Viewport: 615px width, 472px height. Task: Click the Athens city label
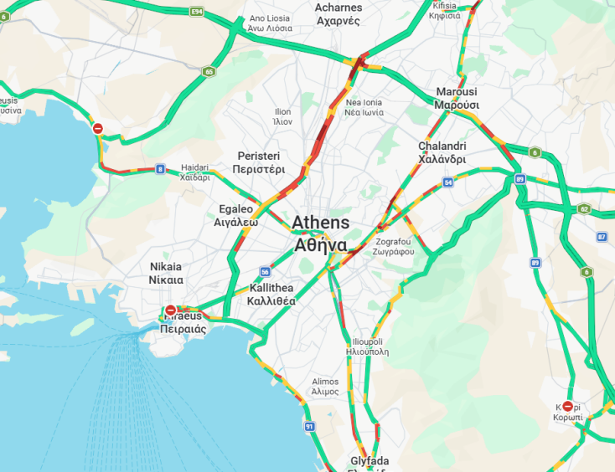click(x=320, y=234)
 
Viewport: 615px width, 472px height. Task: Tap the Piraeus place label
click(x=183, y=323)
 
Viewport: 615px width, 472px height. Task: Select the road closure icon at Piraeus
click(x=171, y=310)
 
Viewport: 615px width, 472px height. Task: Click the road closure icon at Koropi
click(x=567, y=407)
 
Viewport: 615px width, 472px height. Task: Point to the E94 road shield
click(x=197, y=12)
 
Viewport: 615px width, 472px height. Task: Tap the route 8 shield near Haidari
click(x=160, y=169)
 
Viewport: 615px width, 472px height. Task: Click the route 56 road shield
click(x=265, y=272)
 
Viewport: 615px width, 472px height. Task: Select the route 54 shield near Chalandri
click(x=449, y=182)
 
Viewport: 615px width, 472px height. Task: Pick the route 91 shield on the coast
click(x=309, y=427)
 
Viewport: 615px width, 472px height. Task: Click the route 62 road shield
click(x=584, y=208)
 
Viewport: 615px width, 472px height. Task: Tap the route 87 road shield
click(x=602, y=237)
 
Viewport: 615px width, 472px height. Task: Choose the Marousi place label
click(x=457, y=98)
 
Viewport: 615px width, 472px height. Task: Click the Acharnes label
click(x=339, y=14)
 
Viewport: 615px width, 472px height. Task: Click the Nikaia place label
click(x=165, y=273)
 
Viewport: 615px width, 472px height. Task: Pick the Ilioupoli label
click(x=367, y=346)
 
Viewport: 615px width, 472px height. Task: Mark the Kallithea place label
click(x=271, y=294)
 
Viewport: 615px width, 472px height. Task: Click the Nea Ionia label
click(x=364, y=107)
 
